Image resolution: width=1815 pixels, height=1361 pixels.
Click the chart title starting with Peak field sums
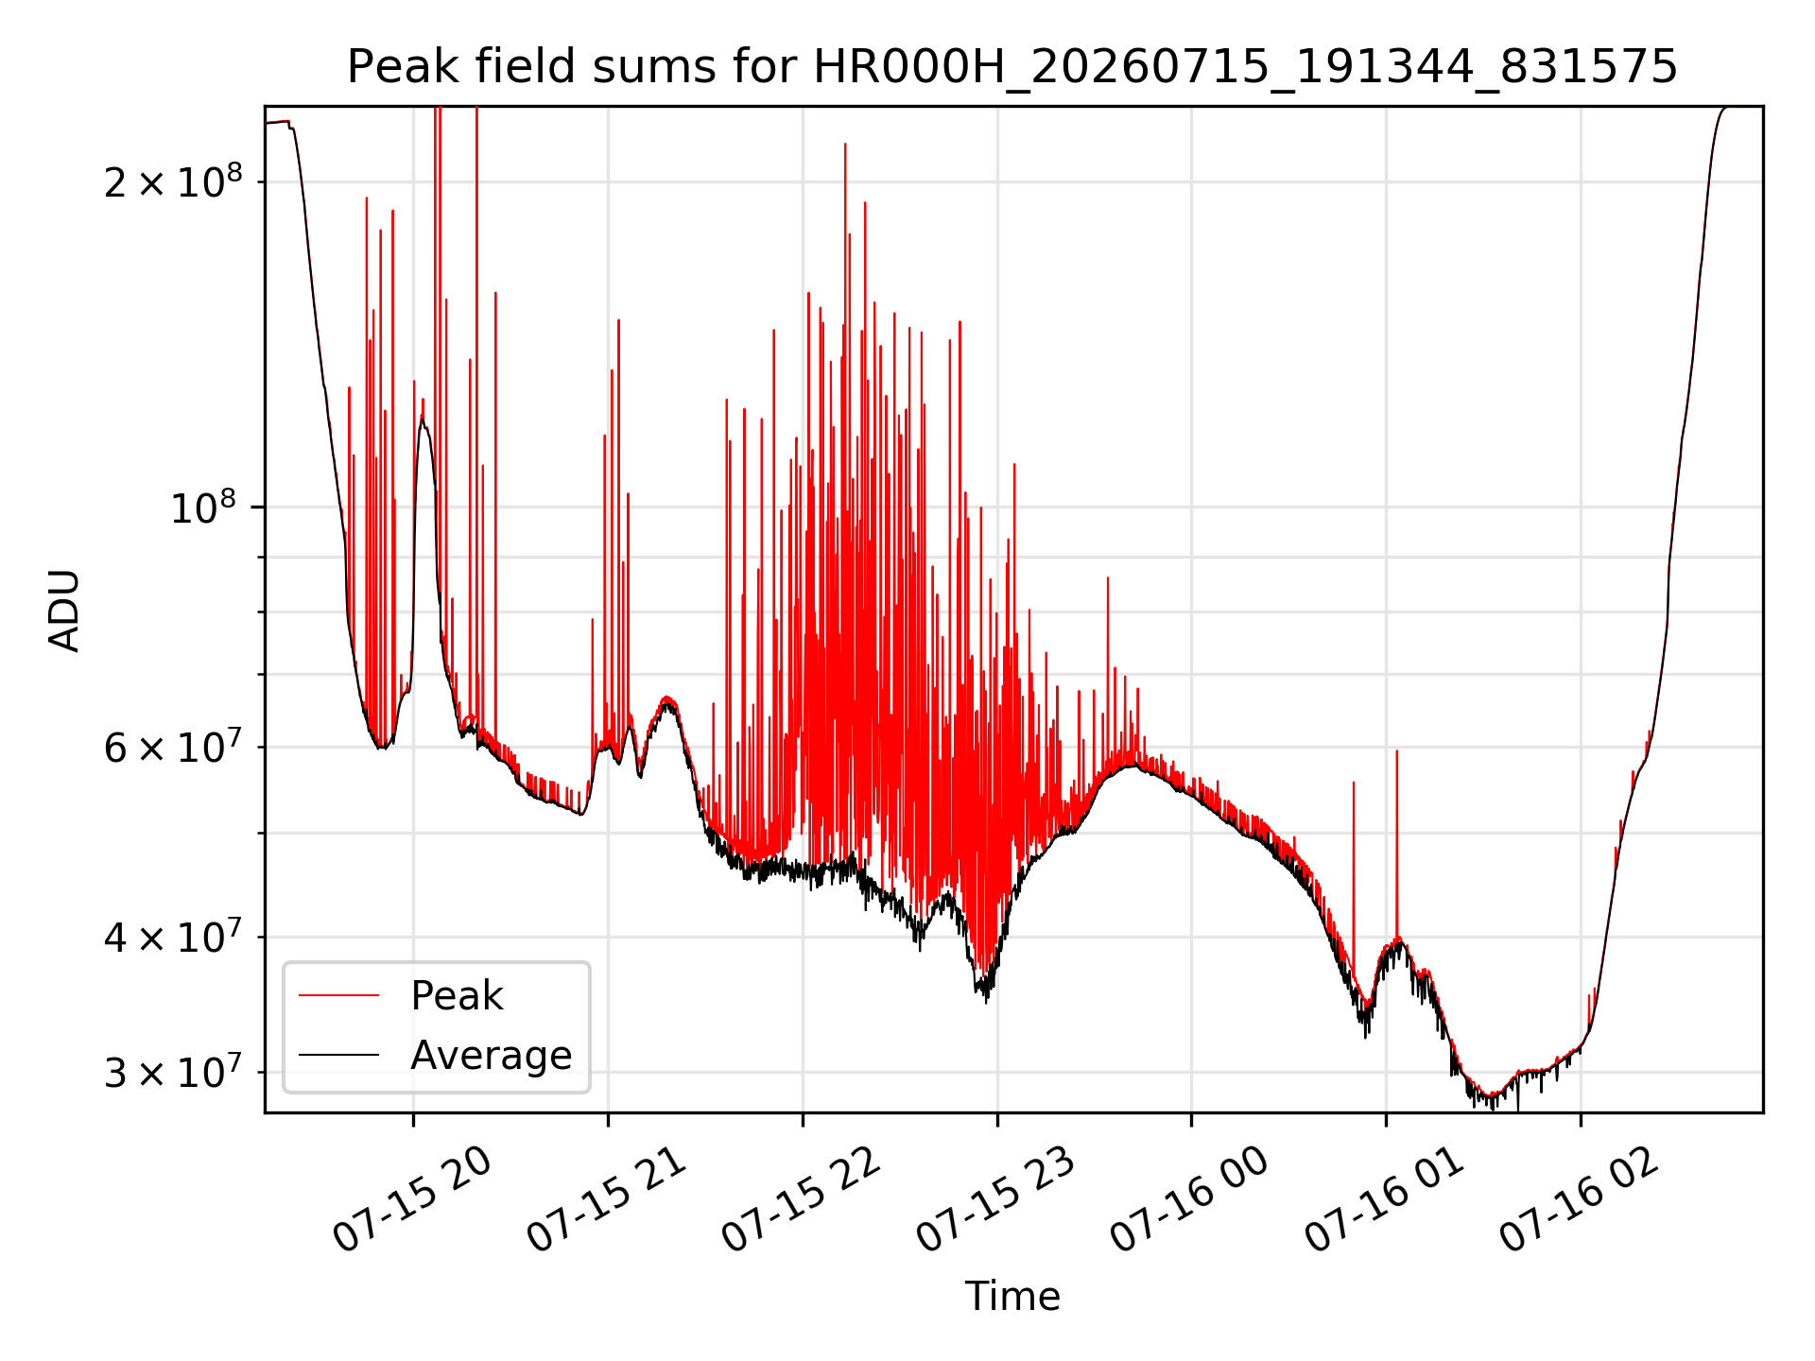click(x=1012, y=67)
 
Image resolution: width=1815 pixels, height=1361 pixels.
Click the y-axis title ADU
click(x=64, y=611)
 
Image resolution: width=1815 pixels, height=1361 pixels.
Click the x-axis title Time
click(x=1012, y=1296)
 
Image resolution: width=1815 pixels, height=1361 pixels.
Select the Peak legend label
click(x=457, y=996)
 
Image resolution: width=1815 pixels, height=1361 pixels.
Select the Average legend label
click(x=492, y=1056)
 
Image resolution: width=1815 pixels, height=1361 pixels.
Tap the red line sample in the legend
click(x=338, y=995)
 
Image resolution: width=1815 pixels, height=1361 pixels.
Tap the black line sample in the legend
click(x=338, y=1055)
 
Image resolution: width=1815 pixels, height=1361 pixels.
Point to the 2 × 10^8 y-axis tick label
click(x=173, y=180)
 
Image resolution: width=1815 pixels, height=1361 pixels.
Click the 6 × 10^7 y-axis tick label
click(x=173, y=746)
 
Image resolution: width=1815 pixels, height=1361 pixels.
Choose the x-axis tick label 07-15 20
click(x=413, y=1200)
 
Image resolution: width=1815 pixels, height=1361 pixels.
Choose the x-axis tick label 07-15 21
click(x=608, y=1200)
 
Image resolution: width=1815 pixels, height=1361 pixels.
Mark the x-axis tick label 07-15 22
click(x=803, y=1200)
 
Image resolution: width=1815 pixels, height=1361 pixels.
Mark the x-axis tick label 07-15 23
click(x=997, y=1200)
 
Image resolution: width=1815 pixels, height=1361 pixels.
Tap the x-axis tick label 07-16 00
click(x=1191, y=1200)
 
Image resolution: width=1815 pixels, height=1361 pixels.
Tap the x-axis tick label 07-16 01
click(x=1386, y=1200)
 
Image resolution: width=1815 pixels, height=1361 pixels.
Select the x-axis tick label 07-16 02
click(x=1581, y=1200)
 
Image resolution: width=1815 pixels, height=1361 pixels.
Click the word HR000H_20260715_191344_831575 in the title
click(x=1245, y=67)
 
